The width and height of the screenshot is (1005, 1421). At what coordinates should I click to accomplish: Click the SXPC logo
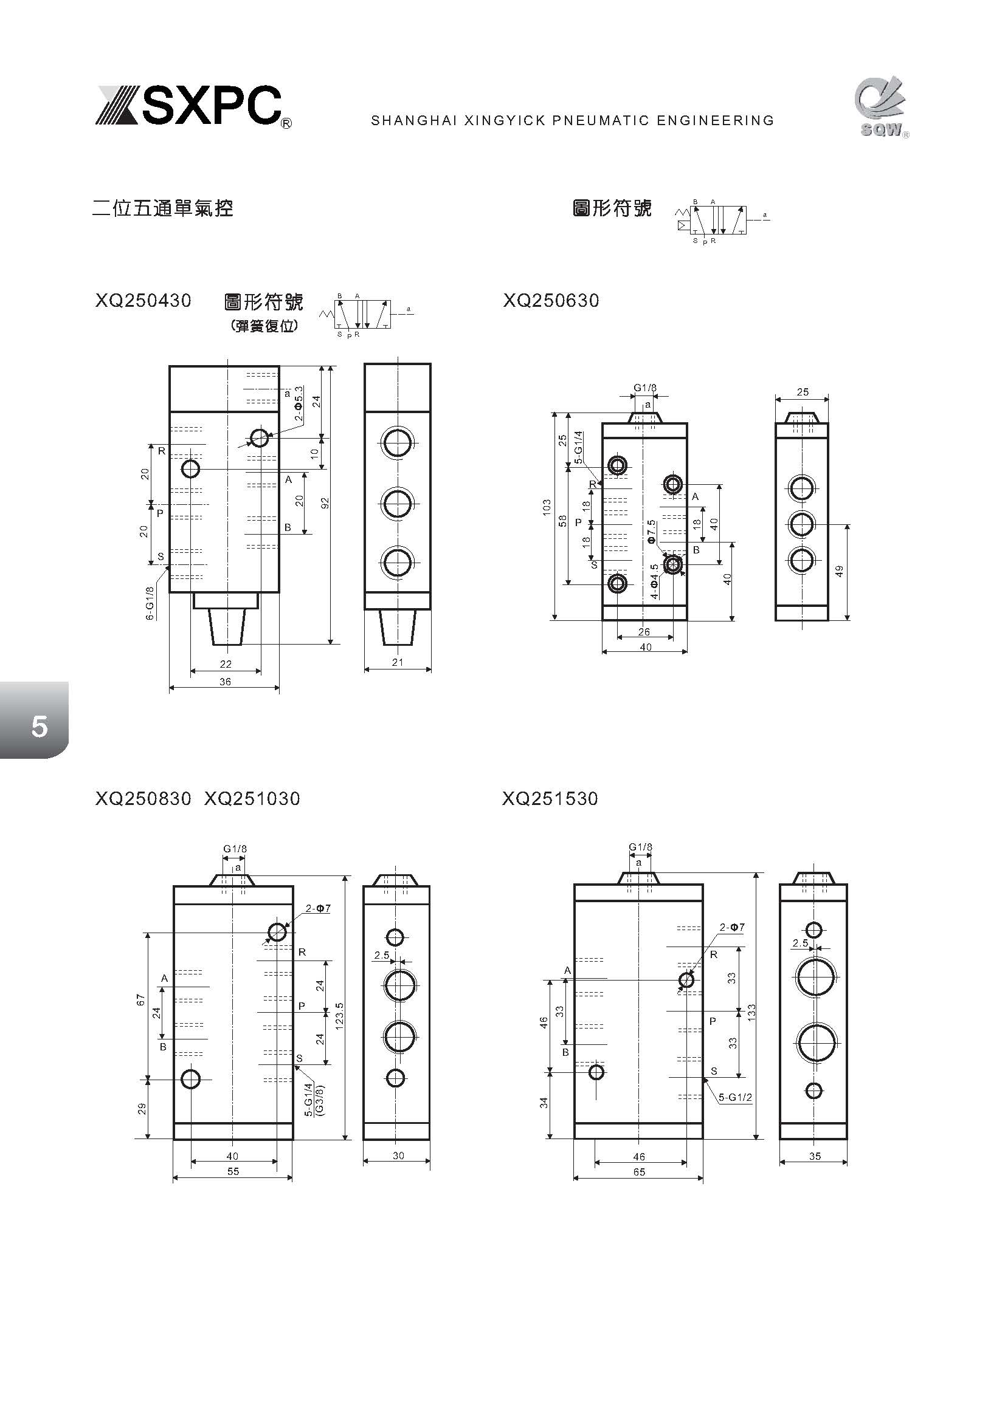(x=193, y=106)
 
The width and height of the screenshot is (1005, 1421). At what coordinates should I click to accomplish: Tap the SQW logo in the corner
(x=882, y=108)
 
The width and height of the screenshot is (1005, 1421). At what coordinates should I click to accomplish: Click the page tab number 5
(x=39, y=725)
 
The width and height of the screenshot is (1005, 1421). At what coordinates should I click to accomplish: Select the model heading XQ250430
(x=143, y=301)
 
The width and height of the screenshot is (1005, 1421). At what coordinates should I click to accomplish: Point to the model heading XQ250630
(x=550, y=301)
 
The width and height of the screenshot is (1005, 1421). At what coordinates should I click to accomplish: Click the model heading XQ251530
(x=550, y=799)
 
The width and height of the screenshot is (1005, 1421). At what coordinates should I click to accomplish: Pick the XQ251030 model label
(x=252, y=799)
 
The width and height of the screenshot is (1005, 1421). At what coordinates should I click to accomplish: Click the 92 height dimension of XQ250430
(x=325, y=503)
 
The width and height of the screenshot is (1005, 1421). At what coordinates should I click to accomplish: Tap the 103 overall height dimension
(x=545, y=507)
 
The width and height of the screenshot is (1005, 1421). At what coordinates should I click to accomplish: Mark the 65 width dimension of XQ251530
(x=638, y=1171)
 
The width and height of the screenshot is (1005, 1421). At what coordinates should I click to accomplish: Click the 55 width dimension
(x=232, y=1171)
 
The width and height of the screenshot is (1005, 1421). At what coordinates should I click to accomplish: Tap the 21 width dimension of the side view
(x=398, y=662)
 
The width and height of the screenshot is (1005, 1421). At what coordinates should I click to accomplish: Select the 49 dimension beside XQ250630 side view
(x=840, y=571)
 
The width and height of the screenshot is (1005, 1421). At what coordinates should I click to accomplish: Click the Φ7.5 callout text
(x=651, y=532)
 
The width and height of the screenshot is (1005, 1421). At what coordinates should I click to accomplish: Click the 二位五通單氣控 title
(x=162, y=208)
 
